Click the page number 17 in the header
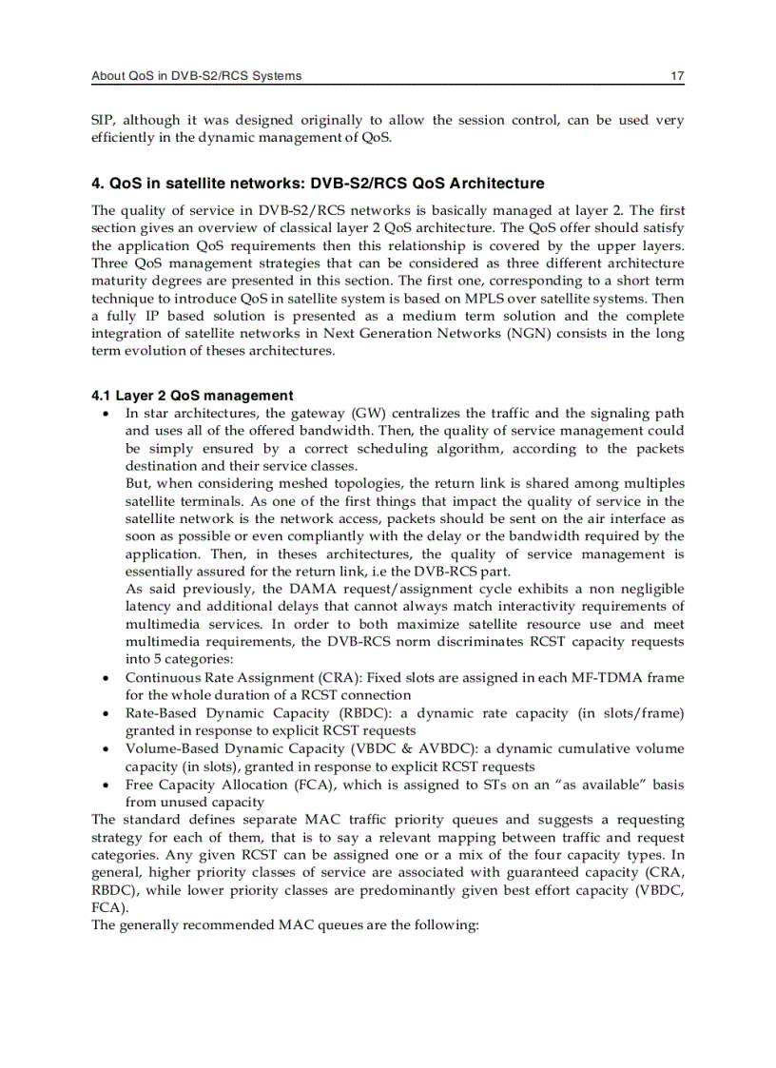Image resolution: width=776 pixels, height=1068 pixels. click(677, 76)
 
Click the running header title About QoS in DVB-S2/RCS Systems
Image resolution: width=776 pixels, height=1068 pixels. click(196, 76)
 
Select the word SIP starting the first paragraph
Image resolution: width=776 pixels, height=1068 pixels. click(102, 120)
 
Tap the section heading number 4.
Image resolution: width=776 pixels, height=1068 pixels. click(96, 184)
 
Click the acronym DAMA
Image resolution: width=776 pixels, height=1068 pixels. click(310, 589)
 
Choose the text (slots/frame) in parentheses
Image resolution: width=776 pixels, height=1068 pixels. click(642, 712)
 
